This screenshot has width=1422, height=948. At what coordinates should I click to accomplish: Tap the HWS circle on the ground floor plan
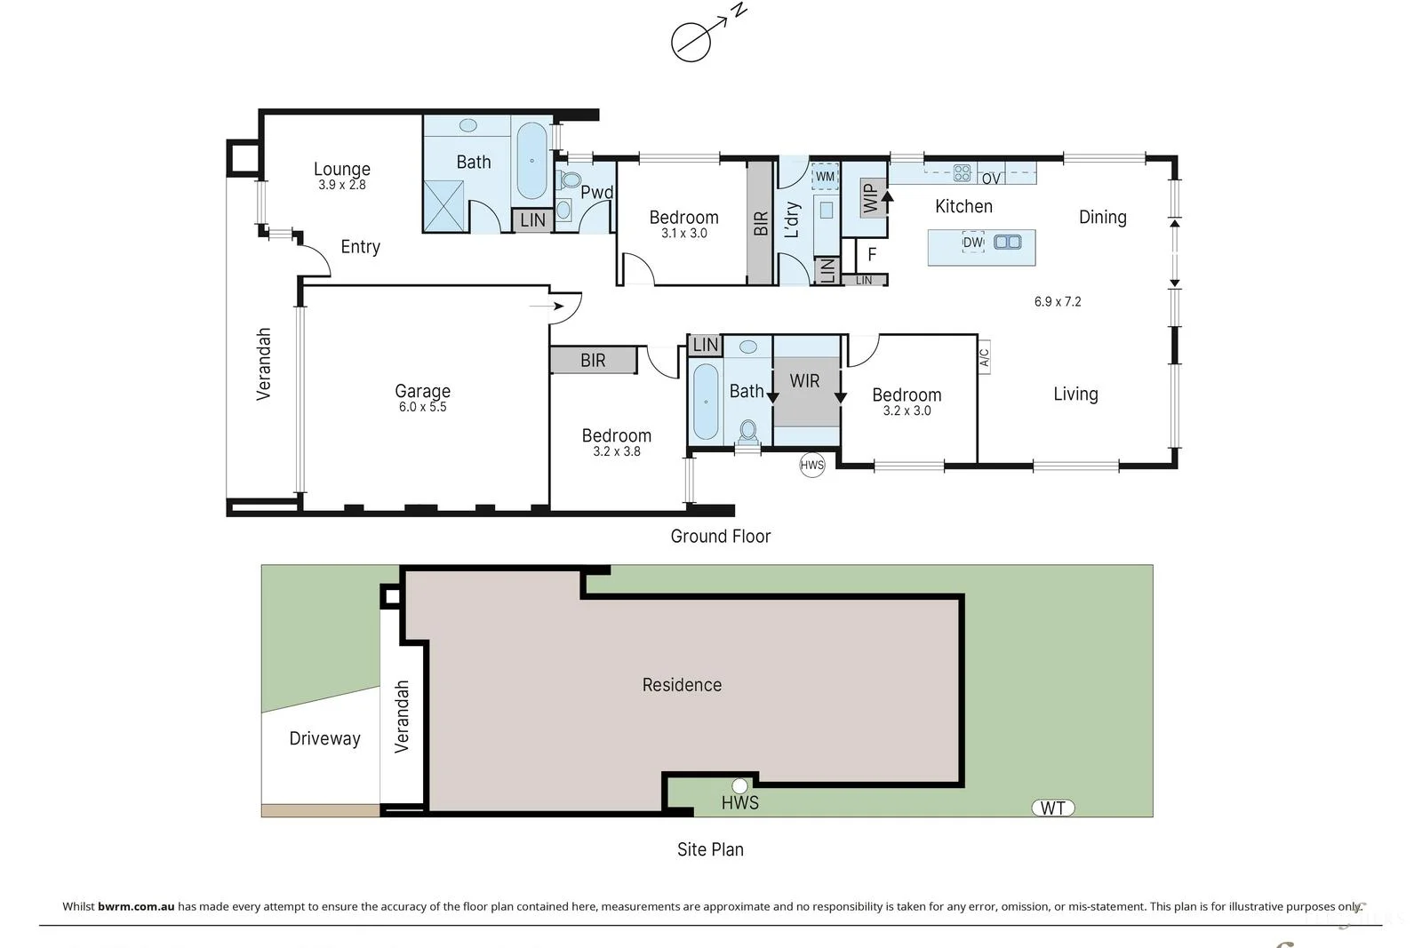click(812, 466)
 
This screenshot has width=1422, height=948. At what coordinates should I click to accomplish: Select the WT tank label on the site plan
click(1053, 808)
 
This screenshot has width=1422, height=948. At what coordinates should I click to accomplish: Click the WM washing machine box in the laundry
click(825, 177)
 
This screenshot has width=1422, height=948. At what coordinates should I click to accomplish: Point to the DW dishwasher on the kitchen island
click(972, 243)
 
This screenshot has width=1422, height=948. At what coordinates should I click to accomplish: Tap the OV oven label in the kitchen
click(991, 179)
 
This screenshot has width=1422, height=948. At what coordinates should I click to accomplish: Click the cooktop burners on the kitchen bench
click(962, 172)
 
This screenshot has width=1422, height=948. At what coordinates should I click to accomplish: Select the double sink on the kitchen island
click(1008, 242)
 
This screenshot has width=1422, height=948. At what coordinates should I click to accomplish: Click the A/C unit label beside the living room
click(985, 357)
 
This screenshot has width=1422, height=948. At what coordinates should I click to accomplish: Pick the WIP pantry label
click(871, 196)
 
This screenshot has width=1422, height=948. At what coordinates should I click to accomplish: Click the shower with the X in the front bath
click(443, 205)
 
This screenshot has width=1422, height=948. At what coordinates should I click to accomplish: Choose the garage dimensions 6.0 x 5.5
click(423, 408)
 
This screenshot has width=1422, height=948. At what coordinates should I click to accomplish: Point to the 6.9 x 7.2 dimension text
click(1058, 302)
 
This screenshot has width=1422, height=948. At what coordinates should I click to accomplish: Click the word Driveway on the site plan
click(324, 738)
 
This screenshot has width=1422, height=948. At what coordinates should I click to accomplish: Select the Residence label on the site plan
click(682, 685)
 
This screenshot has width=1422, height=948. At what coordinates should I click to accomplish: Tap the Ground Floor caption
click(721, 536)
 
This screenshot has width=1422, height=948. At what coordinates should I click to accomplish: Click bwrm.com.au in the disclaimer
click(136, 906)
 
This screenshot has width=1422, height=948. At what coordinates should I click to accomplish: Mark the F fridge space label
click(872, 254)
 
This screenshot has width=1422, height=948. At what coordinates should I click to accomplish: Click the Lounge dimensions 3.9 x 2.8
click(342, 186)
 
